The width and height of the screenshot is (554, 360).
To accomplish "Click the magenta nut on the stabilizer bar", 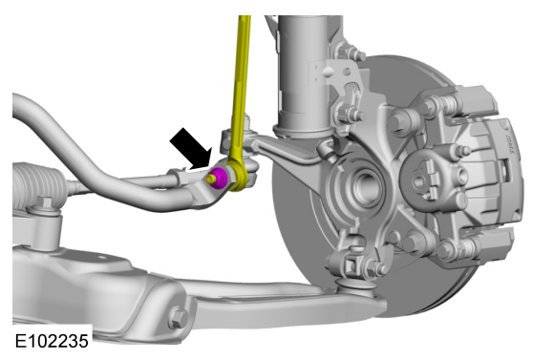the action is pos(219,179).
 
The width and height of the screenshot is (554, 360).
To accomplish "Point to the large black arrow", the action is pos(191,149).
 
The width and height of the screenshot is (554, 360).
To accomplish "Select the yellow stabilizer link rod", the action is pos(240,102).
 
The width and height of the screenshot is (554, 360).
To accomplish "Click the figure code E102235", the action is pos(52,341).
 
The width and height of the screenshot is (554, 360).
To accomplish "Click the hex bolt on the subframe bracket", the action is pos(45,203).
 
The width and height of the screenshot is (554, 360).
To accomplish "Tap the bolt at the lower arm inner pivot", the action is pos(179,317).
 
